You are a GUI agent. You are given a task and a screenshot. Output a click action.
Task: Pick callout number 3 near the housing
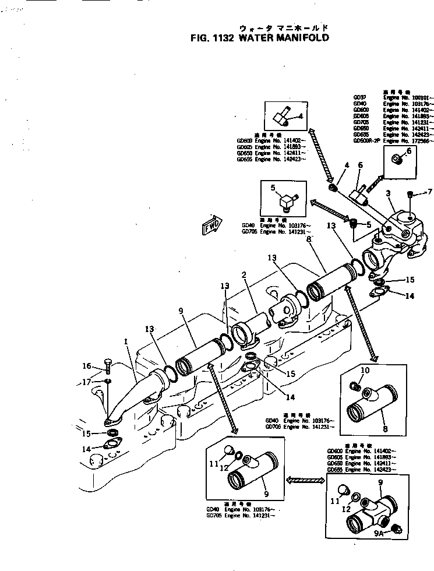click(x=387, y=193)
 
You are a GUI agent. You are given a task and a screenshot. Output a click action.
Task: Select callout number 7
click(x=430, y=192)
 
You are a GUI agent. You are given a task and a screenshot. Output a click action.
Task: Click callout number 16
click(x=87, y=366)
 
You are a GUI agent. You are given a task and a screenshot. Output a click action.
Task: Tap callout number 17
click(x=86, y=382)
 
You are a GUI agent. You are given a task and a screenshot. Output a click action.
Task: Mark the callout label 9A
click(x=378, y=533)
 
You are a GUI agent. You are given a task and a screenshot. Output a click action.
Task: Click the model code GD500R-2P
click(x=366, y=141)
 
